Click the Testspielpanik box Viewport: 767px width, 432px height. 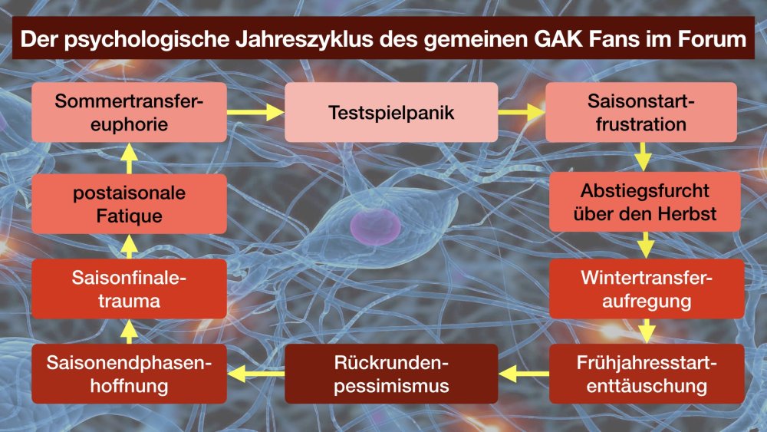click(391, 112)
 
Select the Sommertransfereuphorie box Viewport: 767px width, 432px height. click(129, 112)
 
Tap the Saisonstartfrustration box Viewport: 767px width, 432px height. click(640, 112)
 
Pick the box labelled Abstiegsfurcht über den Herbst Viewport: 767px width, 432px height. click(645, 202)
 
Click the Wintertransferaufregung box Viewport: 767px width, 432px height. click(647, 289)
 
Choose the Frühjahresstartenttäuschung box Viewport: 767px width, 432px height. click(647, 374)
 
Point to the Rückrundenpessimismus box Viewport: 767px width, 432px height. click(391, 374)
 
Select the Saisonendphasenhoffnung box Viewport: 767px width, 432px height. click(129, 374)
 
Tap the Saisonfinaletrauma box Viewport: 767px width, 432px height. click(129, 289)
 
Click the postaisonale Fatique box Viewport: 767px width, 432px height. click(129, 203)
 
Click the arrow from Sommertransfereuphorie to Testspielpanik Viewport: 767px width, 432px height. click(256, 112)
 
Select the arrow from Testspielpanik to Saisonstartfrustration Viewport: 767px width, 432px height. click(522, 112)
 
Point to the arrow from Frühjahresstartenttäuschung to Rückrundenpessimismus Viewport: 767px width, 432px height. click(524, 374)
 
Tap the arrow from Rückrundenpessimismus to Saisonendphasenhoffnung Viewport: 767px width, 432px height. click(256, 374)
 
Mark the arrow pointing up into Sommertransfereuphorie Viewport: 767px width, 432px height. click(129, 159)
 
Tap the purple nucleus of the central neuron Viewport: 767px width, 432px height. click(375, 226)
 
